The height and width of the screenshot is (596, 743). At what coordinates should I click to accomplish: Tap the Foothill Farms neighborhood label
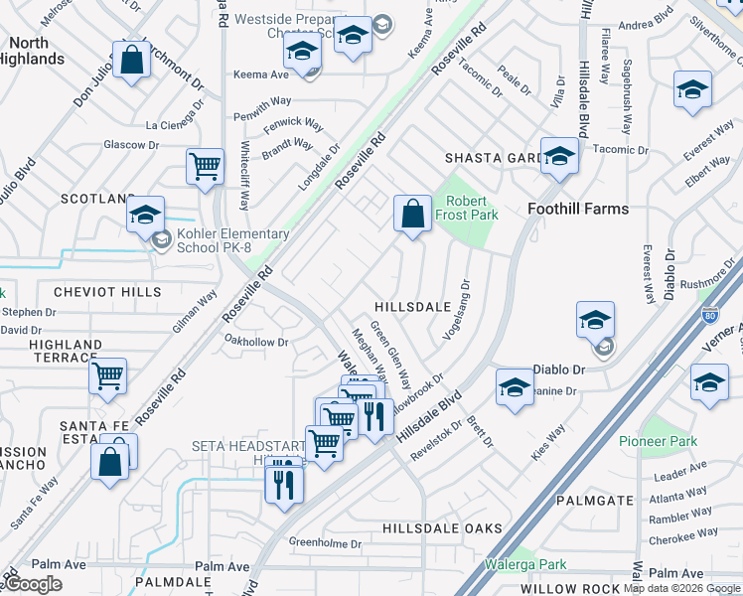pos(577,209)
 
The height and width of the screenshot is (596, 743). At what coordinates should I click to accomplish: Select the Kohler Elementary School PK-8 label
pos(232,241)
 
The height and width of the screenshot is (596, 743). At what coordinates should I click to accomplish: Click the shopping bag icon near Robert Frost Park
pos(412,214)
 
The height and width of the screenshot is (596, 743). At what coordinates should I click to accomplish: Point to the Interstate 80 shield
pos(708,317)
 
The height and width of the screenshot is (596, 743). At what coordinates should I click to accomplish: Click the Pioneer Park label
pos(658,441)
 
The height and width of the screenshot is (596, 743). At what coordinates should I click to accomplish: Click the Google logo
pos(33,584)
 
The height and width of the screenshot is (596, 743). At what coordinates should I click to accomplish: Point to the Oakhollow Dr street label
pos(256,342)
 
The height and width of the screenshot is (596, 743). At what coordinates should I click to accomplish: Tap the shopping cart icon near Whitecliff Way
pos(205,167)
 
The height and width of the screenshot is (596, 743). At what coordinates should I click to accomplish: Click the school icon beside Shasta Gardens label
pos(560,156)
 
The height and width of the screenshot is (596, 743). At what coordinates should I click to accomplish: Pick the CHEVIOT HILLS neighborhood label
pos(107,292)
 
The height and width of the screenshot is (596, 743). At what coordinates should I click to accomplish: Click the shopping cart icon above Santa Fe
pos(107,376)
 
